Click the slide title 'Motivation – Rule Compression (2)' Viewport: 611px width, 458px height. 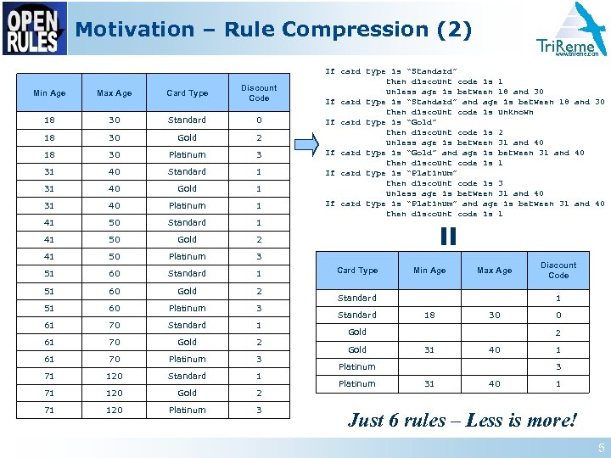(273, 30)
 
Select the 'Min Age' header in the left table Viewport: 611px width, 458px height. (49, 93)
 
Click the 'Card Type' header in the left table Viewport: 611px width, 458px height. (187, 93)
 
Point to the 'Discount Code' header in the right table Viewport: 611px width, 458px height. (558, 270)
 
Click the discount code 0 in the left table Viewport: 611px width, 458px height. (259, 120)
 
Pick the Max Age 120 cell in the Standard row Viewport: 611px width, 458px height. (115, 376)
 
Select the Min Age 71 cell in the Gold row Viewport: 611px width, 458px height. (49, 393)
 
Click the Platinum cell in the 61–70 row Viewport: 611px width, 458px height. (187, 359)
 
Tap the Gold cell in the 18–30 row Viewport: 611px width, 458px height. (187, 137)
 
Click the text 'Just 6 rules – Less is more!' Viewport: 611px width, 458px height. (462, 421)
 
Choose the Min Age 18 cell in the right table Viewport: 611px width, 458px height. (429, 315)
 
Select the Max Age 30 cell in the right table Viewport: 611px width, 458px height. (494, 315)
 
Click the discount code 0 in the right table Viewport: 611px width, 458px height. (558, 315)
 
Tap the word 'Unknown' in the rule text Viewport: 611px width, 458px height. (515, 112)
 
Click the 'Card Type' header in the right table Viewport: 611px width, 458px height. (357, 271)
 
